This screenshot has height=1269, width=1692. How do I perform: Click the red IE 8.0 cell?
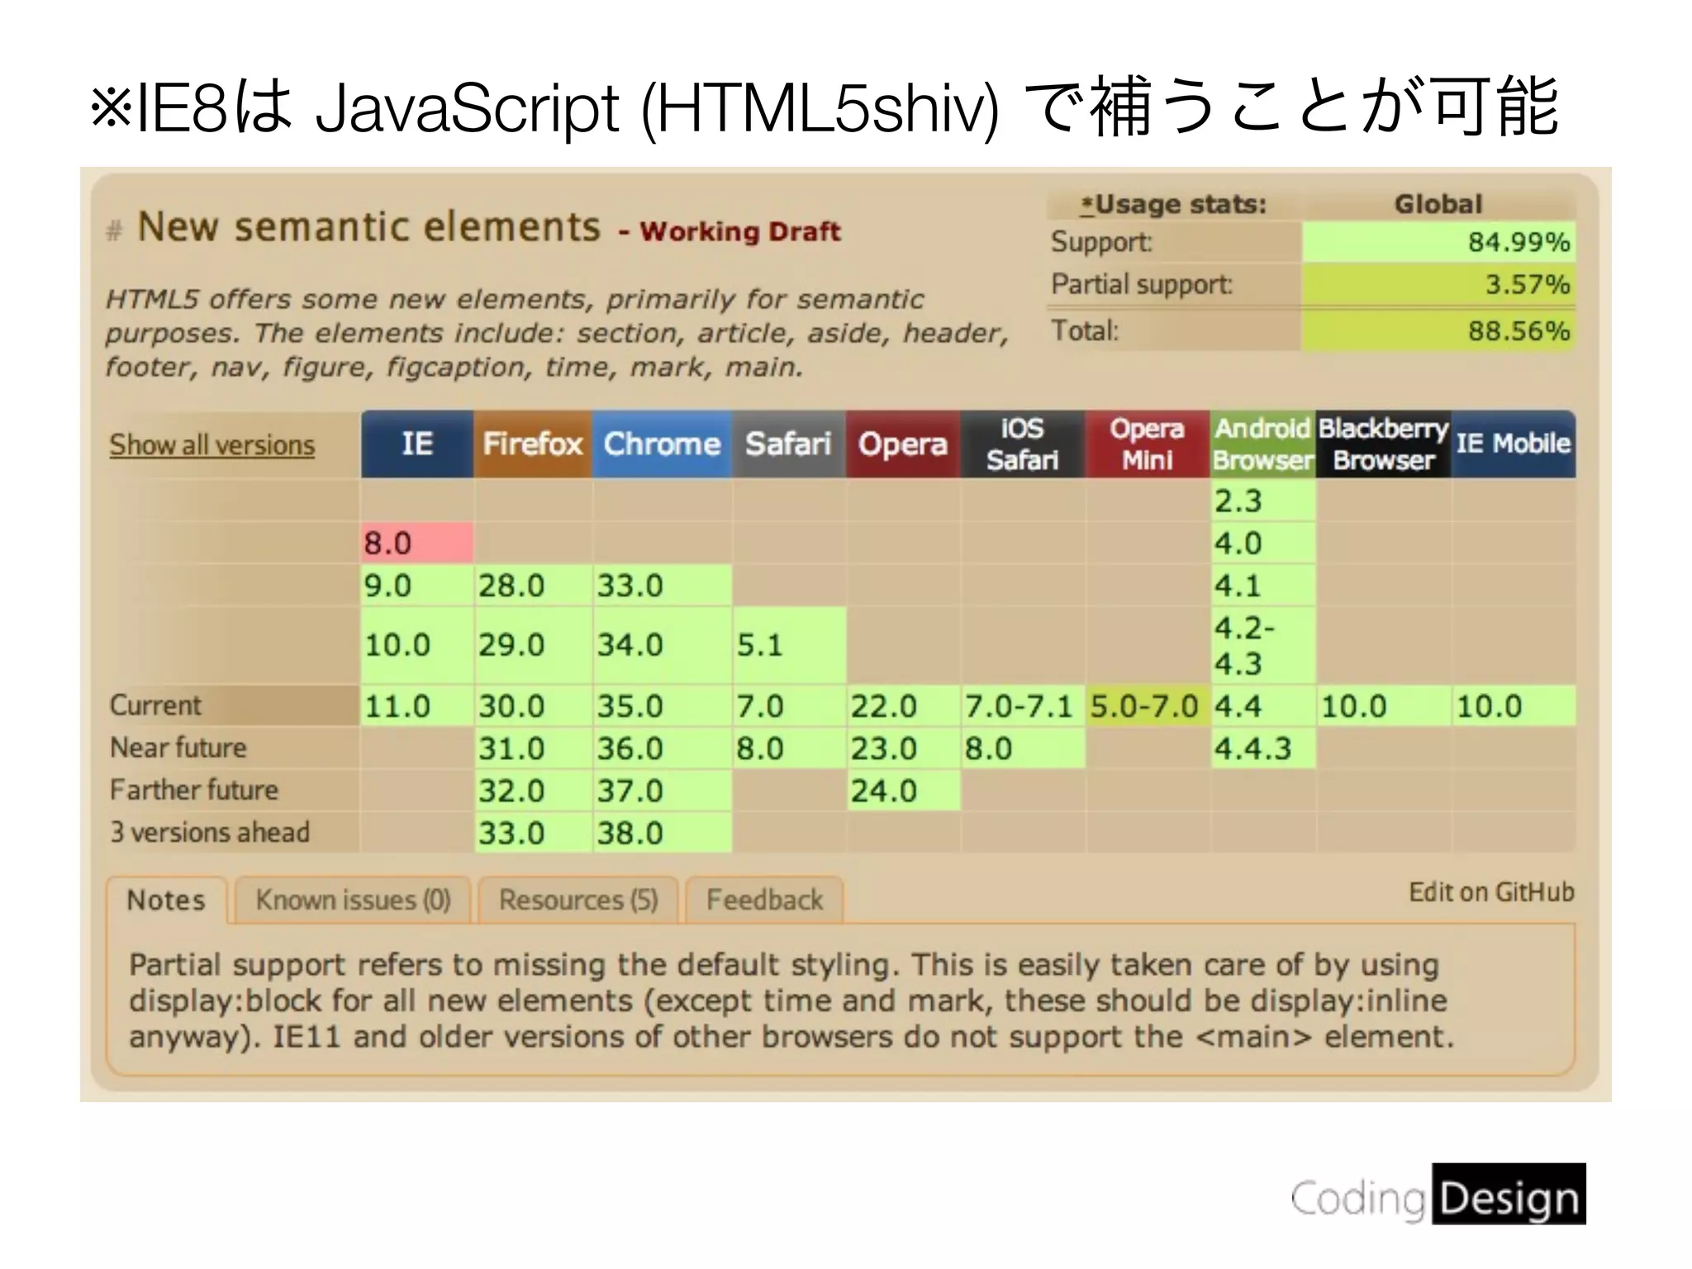pos(416,543)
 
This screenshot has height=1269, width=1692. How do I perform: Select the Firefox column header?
pos(532,444)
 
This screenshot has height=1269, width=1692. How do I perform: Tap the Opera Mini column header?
pos(1147,444)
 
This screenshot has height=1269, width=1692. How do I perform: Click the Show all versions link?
pos(212,445)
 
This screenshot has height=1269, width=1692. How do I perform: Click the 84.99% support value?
pos(1519,242)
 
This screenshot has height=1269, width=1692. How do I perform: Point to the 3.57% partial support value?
pos(1527,285)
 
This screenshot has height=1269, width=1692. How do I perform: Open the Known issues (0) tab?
pos(353,900)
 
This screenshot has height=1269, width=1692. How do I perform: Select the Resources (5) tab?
pos(578,900)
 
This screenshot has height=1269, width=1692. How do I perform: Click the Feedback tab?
pos(764,900)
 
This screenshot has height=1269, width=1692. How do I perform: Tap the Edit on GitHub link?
pos(1491,892)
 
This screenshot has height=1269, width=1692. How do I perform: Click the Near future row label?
pos(178,748)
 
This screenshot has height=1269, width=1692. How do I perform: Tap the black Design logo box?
pos(1509,1195)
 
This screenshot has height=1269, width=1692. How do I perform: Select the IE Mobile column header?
pos(1513,444)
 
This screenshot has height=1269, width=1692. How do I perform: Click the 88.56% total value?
pos(1519,331)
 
